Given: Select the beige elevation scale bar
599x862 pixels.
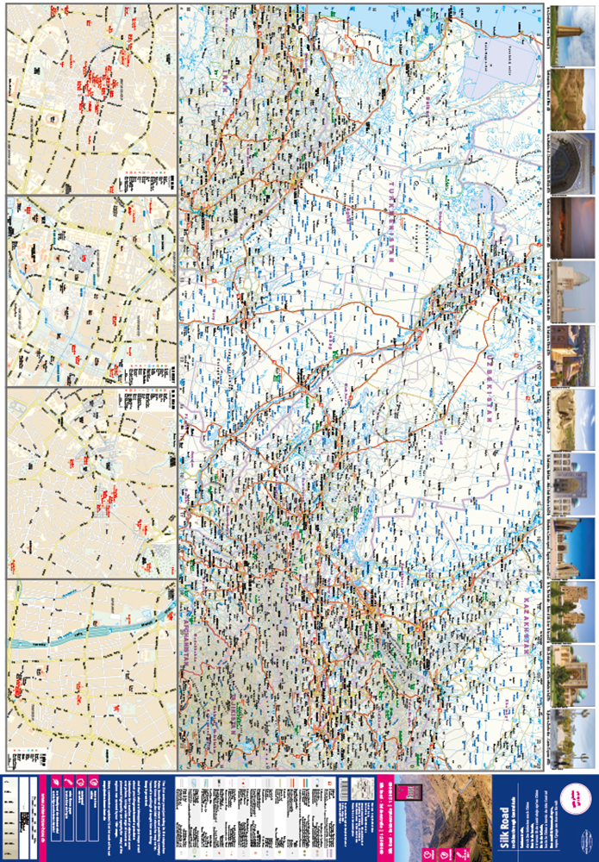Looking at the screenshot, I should pos(10,815).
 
